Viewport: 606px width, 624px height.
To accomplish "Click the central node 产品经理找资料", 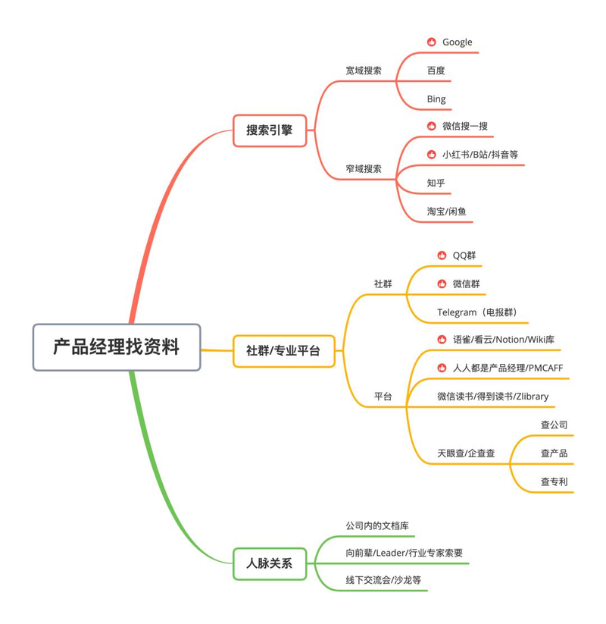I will pos(117,348).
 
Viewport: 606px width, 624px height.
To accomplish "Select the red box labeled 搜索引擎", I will pos(269,130).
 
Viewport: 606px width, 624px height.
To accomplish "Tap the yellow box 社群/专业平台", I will pos(283,351).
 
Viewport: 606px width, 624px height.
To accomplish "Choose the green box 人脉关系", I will pos(269,563).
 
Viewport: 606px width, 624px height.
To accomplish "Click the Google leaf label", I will pos(457,42).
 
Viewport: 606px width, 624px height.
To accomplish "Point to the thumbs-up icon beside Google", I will pos(431,42).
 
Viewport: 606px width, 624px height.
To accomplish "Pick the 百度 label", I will pos(436,71).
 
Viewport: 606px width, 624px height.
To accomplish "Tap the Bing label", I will pos(436,99).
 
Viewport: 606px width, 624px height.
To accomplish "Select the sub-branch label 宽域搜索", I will pos(364,71).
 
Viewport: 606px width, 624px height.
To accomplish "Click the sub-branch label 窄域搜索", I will pos(364,169).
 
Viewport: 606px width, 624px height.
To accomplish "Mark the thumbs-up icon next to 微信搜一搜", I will pos(431,126).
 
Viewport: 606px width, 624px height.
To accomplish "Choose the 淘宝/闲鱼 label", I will pos(446,212).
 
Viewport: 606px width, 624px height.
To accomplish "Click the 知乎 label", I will pos(436,183).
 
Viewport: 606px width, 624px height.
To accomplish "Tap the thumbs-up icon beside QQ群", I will pos(442,256).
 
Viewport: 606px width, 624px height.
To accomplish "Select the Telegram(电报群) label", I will pos(477,312).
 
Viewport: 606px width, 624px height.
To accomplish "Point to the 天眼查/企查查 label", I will pos(466,453).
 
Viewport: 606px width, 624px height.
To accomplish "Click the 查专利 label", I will pos(554,481).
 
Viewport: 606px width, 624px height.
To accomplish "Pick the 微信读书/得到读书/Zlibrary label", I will pos(492,397).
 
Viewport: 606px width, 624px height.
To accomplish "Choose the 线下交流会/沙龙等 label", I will pos(383,580).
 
